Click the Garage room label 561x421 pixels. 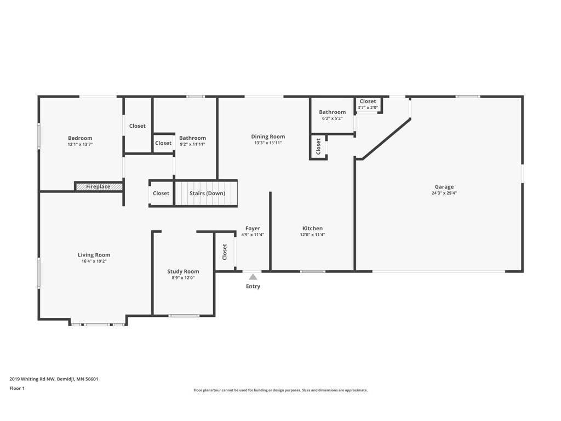[x=444, y=187]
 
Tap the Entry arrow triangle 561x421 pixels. [x=253, y=277]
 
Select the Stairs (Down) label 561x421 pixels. [x=207, y=194]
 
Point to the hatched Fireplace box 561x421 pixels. [x=98, y=187]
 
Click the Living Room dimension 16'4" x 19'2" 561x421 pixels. [x=94, y=261]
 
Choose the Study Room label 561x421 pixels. [x=183, y=271]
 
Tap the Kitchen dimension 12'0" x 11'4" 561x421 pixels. [x=312, y=235]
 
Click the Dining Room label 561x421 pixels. [x=268, y=136]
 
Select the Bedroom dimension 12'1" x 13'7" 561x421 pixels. [x=80, y=145]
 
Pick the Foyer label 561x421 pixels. [x=253, y=228]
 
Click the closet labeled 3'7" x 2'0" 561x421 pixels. [x=368, y=107]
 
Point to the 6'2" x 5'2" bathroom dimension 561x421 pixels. [x=332, y=118]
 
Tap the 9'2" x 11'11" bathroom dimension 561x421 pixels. [x=192, y=144]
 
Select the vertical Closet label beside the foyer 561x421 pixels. [x=225, y=252]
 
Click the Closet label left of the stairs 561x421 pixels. [x=161, y=194]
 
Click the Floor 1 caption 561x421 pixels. [x=17, y=388]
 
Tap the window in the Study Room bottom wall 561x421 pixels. [x=184, y=316]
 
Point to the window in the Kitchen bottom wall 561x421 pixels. [x=312, y=271]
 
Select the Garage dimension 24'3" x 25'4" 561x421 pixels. [x=444, y=193]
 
